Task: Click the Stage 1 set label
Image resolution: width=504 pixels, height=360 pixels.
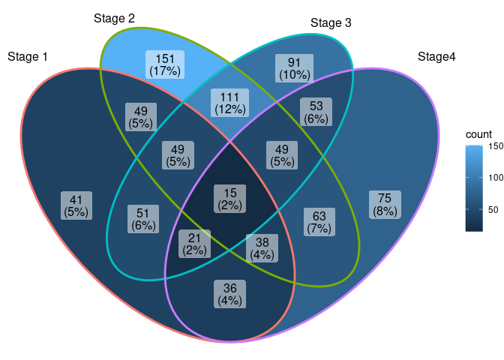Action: (28, 57)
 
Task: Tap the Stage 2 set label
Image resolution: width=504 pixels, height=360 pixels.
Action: (115, 19)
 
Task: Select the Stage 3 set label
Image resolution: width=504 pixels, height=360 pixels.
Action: (331, 23)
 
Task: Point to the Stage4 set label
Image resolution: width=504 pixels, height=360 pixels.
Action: (436, 57)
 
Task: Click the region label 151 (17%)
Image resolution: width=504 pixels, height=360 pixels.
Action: (165, 64)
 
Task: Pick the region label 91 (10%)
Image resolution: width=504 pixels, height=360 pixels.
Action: (294, 68)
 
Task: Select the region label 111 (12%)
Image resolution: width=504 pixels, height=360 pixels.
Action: (229, 103)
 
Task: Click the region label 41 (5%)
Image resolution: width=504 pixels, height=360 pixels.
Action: (76, 205)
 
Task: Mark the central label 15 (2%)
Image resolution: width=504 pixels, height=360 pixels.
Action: (229, 198)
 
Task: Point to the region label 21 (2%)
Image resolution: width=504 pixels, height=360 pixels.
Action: (194, 244)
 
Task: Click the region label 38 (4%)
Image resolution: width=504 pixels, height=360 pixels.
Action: (262, 248)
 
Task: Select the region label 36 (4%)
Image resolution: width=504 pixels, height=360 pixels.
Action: (229, 294)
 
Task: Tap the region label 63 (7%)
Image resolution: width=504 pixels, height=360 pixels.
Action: (319, 222)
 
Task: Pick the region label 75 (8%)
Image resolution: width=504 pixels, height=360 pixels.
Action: (385, 205)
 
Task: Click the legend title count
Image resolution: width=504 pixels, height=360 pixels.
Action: (478, 134)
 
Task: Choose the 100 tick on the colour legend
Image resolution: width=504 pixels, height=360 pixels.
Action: (496, 178)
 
